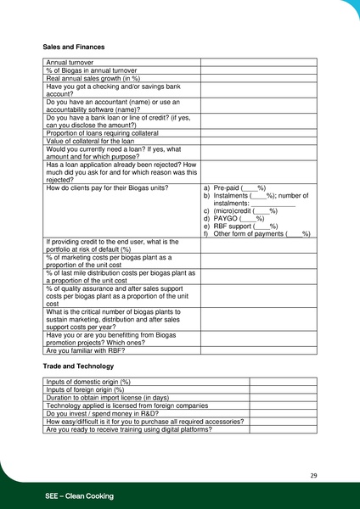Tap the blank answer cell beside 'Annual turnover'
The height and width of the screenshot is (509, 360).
(258, 63)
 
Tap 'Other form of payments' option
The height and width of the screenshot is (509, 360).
(256, 234)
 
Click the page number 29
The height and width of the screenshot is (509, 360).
(313, 475)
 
